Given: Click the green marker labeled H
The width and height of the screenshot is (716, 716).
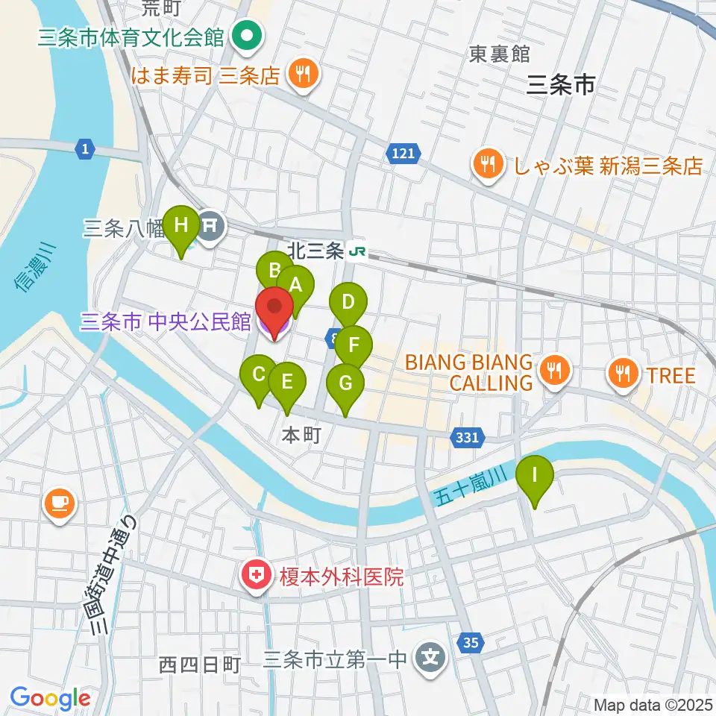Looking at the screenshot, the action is [x=181, y=224].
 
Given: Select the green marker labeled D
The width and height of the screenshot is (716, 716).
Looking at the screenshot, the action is [x=348, y=303].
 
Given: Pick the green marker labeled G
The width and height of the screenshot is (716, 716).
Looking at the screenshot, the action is [x=345, y=383].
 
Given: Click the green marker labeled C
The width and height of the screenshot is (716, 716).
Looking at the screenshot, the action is [x=259, y=374].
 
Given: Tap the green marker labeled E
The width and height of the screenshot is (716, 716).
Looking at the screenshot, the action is [x=286, y=381].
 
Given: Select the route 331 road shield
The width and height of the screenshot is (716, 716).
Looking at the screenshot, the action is [x=466, y=439].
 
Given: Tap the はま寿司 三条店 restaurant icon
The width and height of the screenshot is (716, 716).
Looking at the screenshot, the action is [x=304, y=74].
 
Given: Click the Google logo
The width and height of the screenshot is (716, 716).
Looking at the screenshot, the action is [x=50, y=699].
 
